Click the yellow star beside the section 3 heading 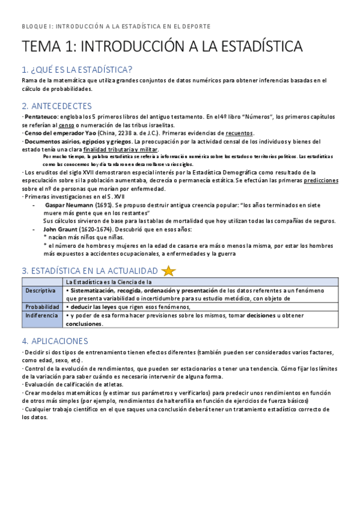coord(168,271)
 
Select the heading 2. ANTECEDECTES coord(56,106)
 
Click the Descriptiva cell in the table coord(40,290)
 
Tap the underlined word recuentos coord(239,133)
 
